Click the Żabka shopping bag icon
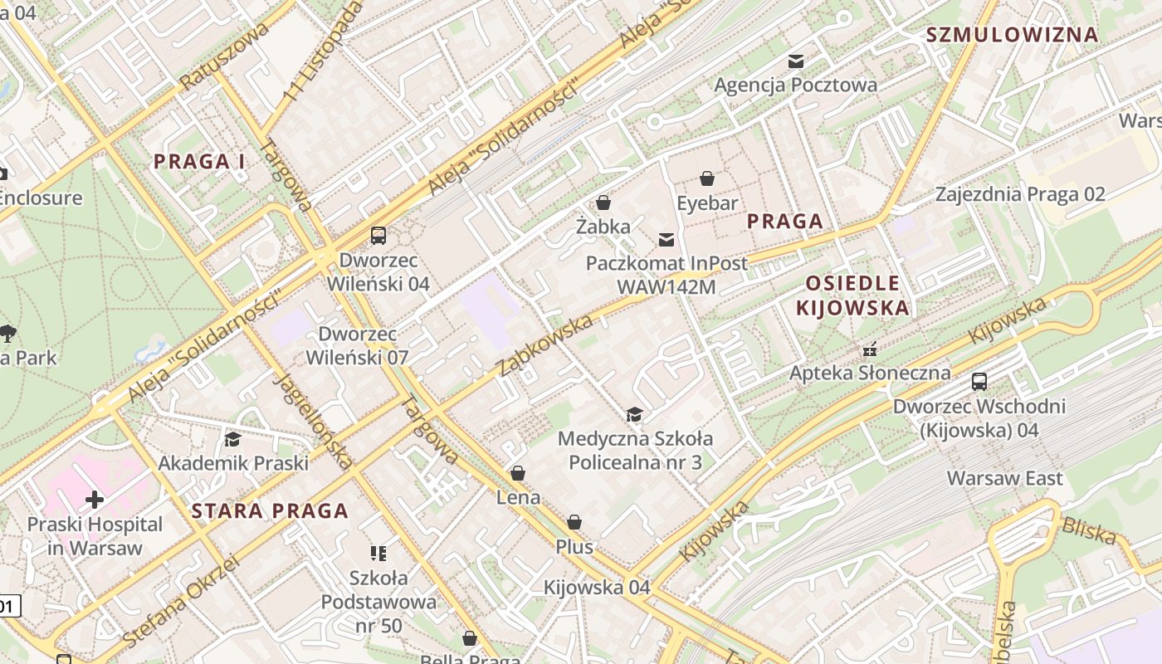click(x=603, y=203)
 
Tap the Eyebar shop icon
click(x=707, y=178)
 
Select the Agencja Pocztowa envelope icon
click(x=796, y=61)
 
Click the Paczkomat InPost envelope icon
click(x=666, y=240)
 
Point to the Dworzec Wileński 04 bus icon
click(x=378, y=236)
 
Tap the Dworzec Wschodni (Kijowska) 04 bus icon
click(x=979, y=383)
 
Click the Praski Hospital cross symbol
click(x=95, y=500)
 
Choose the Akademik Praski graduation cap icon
click(x=232, y=439)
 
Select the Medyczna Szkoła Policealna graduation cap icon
click(x=635, y=414)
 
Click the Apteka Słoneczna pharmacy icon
click(x=870, y=349)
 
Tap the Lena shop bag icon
click(x=518, y=474)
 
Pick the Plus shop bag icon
click(x=574, y=523)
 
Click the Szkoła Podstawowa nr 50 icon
click(x=378, y=553)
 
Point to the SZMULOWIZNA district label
click(x=1012, y=35)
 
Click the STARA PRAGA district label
click(x=270, y=511)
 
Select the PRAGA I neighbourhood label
click(x=199, y=162)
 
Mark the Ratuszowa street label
click(x=225, y=56)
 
